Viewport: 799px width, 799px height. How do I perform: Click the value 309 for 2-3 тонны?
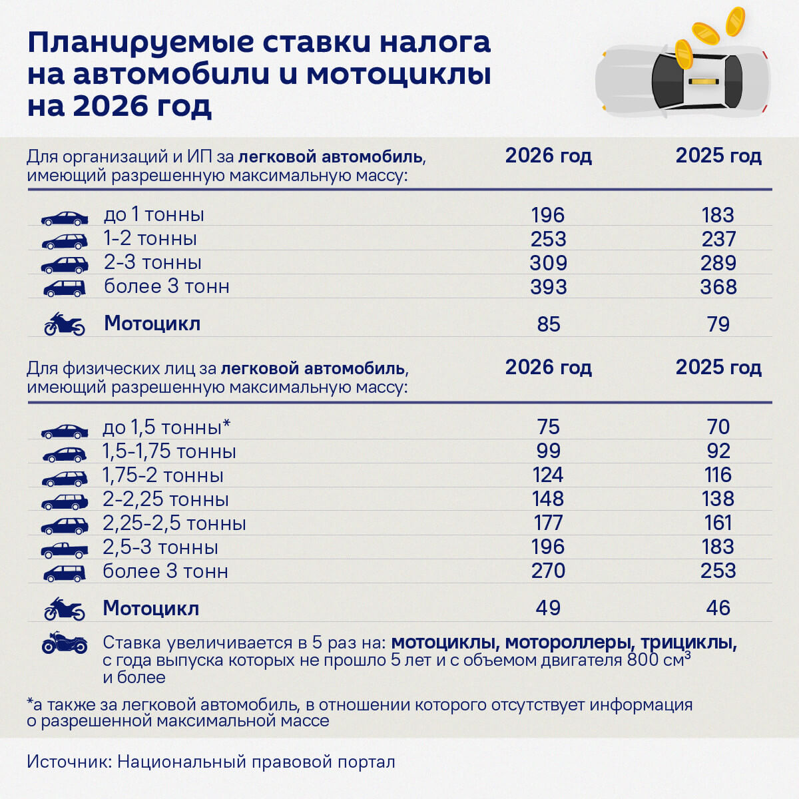click(x=548, y=263)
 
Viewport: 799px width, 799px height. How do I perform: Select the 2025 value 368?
click(x=718, y=287)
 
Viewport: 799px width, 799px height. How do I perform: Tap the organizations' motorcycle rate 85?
click(x=548, y=324)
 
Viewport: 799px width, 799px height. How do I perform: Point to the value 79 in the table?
click(x=718, y=324)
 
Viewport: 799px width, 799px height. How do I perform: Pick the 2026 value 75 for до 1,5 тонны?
click(x=548, y=427)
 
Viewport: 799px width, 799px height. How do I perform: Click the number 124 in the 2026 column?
click(x=548, y=475)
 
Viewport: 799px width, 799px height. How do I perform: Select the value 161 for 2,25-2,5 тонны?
click(x=718, y=523)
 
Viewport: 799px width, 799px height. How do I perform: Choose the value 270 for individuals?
click(x=548, y=571)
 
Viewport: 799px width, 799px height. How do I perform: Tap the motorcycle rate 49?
click(x=548, y=608)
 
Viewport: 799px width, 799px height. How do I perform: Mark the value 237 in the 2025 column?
click(x=718, y=239)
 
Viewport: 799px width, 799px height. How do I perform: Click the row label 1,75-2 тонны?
click(x=163, y=475)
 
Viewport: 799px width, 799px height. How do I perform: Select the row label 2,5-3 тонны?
click(x=160, y=547)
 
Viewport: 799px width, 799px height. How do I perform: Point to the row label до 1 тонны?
click(x=154, y=214)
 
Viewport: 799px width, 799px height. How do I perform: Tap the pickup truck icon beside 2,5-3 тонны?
click(x=65, y=550)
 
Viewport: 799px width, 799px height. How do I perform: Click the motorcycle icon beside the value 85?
click(x=64, y=324)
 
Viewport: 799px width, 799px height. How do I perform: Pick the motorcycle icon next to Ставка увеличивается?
click(x=64, y=643)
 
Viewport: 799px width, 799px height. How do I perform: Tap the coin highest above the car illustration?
click(x=735, y=21)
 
